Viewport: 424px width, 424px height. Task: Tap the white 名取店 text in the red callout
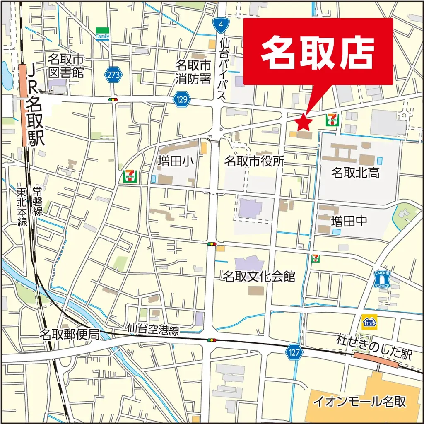coord(318,52)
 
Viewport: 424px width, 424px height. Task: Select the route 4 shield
coord(221,25)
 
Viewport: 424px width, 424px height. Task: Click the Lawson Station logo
coord(382,279)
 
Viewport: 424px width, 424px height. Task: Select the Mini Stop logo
coord(369,322)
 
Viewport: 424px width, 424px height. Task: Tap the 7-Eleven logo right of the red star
coord(332,120)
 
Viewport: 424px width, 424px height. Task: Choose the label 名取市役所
coord(254,161)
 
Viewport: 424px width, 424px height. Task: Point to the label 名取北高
coord(355,173)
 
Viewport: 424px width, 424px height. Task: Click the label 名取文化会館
coord(259,276)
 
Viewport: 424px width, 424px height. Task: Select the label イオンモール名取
coord(360,401)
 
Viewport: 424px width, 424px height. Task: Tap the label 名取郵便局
coord(70,334)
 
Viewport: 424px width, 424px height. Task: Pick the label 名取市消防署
coord(193,72)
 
